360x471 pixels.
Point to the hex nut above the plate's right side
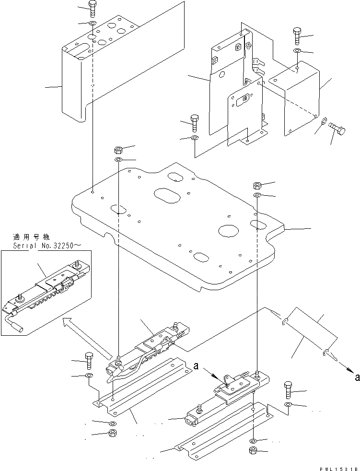click(257, 185)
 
